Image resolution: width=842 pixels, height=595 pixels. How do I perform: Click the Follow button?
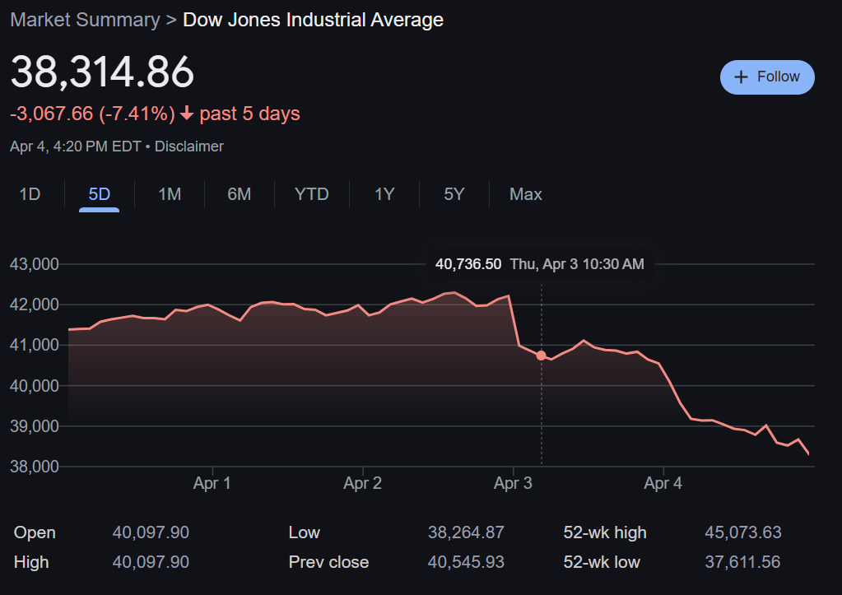click(767, 77)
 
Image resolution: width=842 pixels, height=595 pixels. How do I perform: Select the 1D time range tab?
click(30, 194)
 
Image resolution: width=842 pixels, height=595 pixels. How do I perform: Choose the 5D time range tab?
click(100, 194)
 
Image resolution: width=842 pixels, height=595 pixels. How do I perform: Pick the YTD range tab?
click(312, 194)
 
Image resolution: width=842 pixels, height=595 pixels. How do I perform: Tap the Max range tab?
click(526, 194)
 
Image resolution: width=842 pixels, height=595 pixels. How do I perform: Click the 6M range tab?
click(240, 194)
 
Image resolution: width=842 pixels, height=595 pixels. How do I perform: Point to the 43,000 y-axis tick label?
click(34, 264)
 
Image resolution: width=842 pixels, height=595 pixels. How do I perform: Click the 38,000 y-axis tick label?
click(34, 467)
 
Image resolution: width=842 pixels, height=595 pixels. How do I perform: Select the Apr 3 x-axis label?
click(513, 483)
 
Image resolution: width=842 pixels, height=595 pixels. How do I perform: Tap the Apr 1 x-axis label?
click(212, 483)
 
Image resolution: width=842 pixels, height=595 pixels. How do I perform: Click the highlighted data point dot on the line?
click(541, 356)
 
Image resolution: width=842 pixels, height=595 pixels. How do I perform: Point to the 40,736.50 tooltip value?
click(468, 264)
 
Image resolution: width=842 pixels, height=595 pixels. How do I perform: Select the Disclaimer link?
click(189, 146)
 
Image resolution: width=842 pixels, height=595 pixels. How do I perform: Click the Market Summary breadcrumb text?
click(85, 20)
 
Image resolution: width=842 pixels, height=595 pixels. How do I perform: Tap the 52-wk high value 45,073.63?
click(743, 532)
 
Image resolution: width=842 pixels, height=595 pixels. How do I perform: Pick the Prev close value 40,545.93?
click(466, 562)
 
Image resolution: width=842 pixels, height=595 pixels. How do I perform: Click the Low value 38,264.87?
click(466, 532)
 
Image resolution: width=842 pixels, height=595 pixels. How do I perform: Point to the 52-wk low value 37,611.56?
click(743, 562)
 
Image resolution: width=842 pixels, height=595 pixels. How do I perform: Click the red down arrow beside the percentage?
click(187, 114)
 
